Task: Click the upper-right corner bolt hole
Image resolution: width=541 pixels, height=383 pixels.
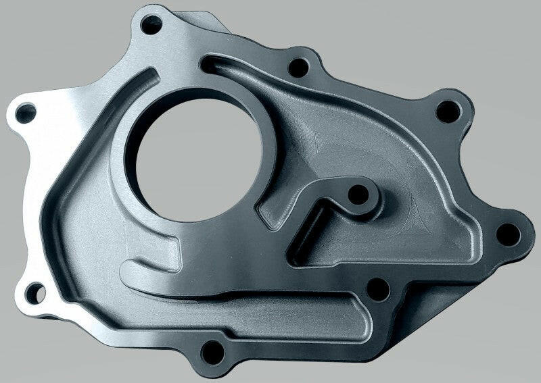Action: (x=446, y=112)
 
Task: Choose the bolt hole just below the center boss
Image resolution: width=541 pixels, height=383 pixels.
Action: (x=377, y=290)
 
